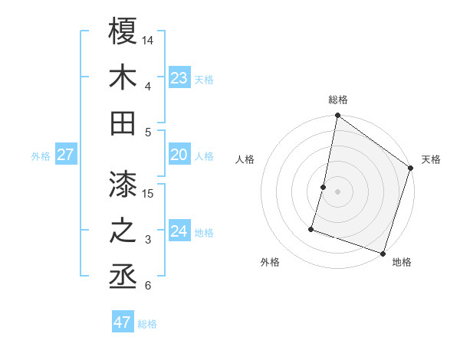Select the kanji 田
tap(123, 123)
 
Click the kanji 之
tap(123, 231)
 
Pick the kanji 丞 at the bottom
tap(123, 277)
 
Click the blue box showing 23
tap(179, 77)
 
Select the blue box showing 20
tap(179, 155)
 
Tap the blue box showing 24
tap(179, 231)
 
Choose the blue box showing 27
tap(65, 155)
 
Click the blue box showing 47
tap(122, 322)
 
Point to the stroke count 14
tap(149, 40)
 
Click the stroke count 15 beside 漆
tap(149, 193)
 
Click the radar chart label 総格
tap(338, 100)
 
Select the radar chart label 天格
tap(431, 159)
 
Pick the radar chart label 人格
tap(245, 159)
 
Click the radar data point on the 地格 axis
tap(383, 253)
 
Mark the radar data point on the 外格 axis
tap(312, 228)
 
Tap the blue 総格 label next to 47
tap(147, 324)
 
